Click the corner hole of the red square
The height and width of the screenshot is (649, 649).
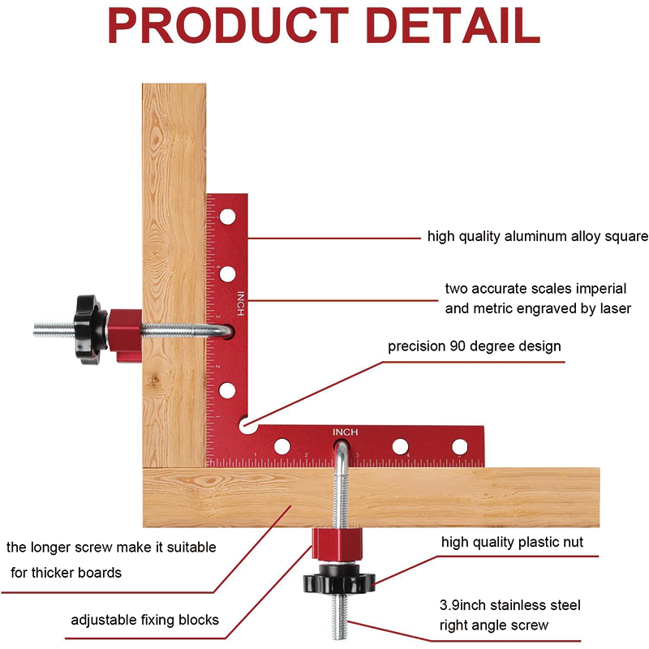tap(247, 423)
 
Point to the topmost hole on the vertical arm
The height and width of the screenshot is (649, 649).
tap(229, 217)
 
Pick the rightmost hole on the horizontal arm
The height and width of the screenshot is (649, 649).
tap(460, 445)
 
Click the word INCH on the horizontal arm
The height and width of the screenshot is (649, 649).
tap(344, 432)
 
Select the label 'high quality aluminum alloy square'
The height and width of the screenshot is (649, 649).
tap(537, 237)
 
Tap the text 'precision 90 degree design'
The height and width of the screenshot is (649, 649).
tap(474, 346)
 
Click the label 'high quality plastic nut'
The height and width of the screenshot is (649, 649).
tap(512, 542)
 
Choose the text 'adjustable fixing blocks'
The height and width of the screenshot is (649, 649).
tap(144, 620)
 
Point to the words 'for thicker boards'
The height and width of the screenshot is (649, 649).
tap(66, 573)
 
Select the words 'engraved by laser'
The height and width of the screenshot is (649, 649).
tap(578, 308)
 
